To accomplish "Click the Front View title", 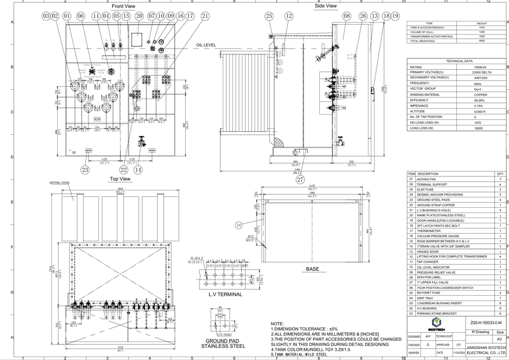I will click(x=123, y=6).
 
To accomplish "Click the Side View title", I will click(x=325, y=6).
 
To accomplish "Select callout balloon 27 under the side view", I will click(x=300, y=179).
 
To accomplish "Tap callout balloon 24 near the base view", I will click(x=239, y=225).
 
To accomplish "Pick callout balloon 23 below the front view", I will click(x=85, y=170).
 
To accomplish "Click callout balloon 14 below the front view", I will click(x=138, y=170).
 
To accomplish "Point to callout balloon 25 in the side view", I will click(x=270, y=16).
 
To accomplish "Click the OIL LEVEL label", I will click(x=205, y=45).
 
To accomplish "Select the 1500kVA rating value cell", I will click(x=480, y=67).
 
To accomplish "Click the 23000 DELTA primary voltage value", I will click(x=480, y=72).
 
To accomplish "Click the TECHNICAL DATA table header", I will click(x=460, y=61).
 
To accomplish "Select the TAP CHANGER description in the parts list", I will click(x=426, y=262).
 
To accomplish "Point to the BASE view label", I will click(x=312, y=269).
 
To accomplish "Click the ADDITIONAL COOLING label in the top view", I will click(x=60, y=182).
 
